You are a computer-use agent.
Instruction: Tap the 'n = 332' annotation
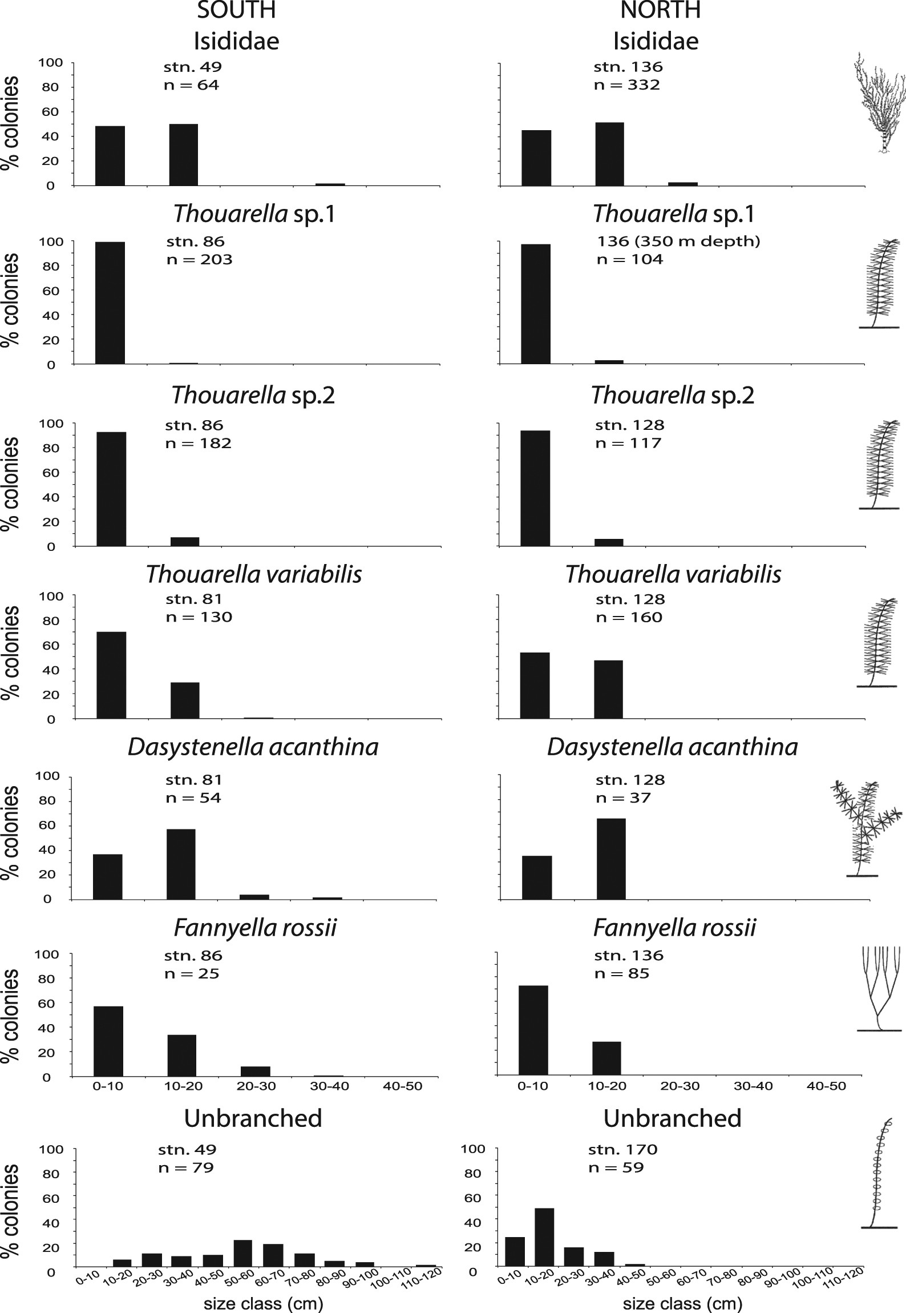point(626,85)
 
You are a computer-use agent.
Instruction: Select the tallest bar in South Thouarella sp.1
point(110,303)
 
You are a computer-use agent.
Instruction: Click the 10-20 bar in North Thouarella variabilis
point(608,689)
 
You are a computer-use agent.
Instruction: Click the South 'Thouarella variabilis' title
point(254,574)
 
